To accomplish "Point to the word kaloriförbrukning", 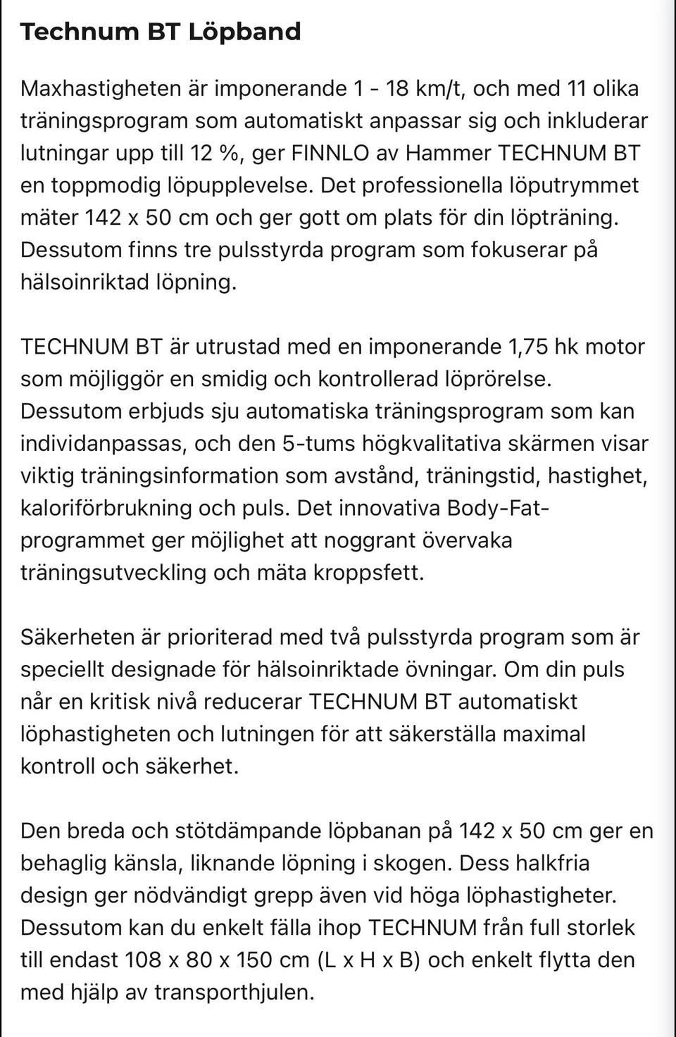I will coord(106,508).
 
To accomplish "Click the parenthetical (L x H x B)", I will coord(369,960).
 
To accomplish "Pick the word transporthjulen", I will coord(232,992).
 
